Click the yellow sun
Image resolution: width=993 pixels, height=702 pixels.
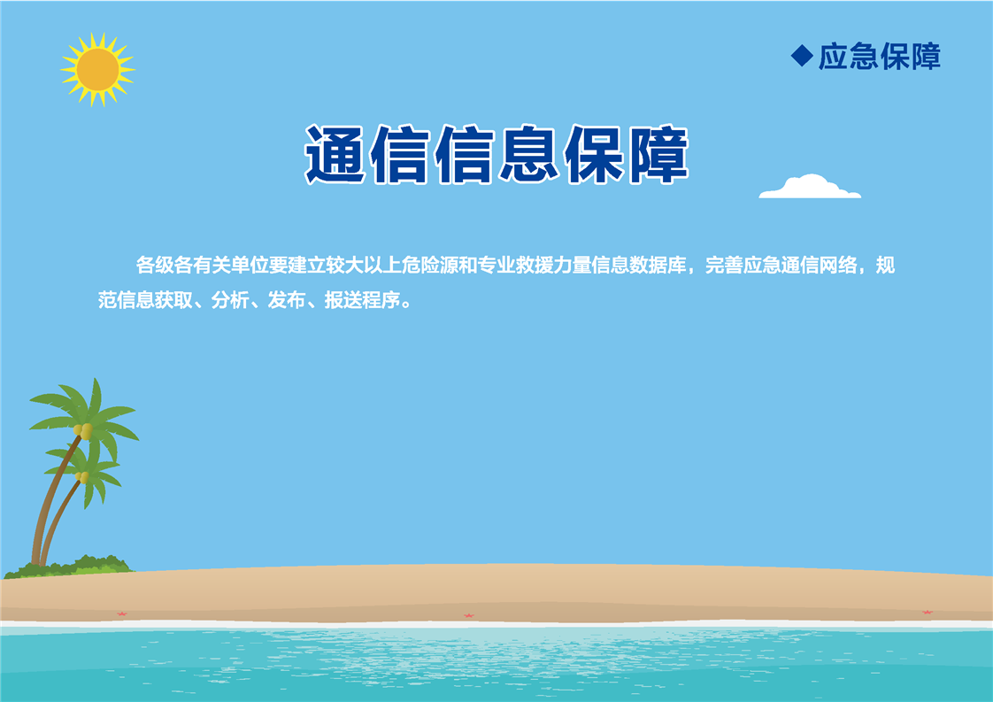point(97,70)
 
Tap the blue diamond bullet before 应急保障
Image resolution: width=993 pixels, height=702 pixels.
point(802,56)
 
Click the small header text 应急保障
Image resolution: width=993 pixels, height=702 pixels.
point(880,57)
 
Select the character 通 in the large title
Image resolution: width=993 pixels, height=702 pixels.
point(335,155)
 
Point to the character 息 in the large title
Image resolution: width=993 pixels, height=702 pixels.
point(528,155)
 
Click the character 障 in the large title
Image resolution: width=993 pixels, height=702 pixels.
point(658,155)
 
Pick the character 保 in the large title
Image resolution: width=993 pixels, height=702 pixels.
point(593,155)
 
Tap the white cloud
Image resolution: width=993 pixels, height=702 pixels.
point(810,187)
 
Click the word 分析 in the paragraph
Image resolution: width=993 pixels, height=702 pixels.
point(230,300)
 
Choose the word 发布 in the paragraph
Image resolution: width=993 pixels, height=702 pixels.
point(287,300)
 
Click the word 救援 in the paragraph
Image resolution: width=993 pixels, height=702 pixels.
point(535,265)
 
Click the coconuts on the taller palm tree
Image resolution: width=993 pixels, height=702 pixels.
point(83,431)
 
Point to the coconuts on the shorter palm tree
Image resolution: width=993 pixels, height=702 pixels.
point(82,476)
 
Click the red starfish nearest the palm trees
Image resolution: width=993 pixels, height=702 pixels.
point(121,613)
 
